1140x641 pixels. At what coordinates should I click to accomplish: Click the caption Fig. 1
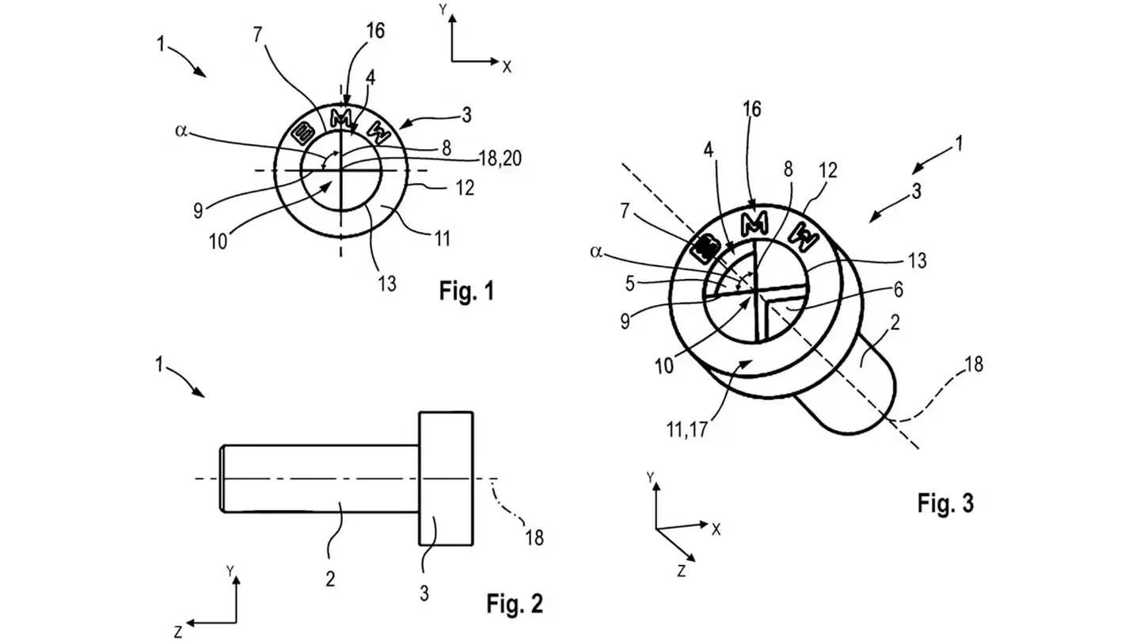466,291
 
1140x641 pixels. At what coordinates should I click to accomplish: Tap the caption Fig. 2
515,604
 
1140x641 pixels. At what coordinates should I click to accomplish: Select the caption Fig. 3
945,502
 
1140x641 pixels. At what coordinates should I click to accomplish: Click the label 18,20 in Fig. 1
500,158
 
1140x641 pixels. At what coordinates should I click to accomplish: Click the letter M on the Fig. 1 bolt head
340,119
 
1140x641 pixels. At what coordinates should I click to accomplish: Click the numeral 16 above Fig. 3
752,109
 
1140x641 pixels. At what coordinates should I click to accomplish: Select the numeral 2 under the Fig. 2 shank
329,578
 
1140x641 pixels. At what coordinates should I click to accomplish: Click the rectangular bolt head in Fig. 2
446,478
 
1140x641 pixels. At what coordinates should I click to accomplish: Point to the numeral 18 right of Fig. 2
534,537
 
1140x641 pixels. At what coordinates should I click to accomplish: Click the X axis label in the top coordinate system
507,67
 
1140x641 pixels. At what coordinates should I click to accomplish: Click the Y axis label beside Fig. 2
230,570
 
